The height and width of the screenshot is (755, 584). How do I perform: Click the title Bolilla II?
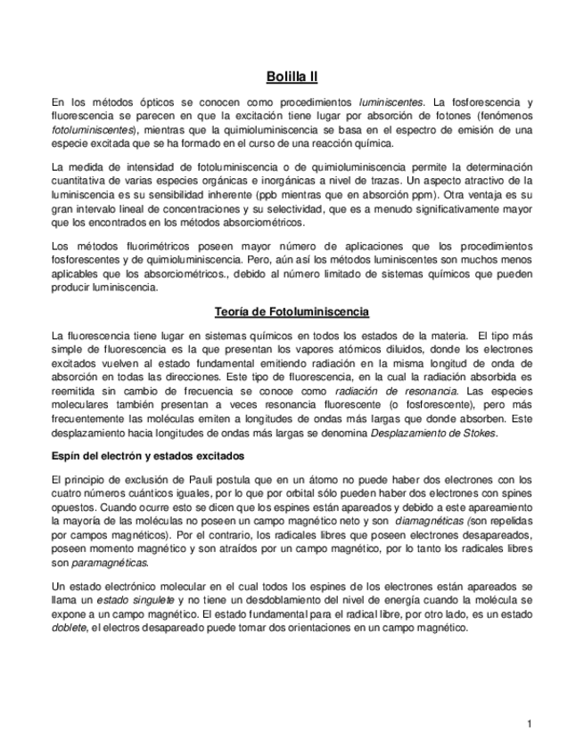pos(292,77)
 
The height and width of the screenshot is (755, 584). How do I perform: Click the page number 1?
pos(529,724)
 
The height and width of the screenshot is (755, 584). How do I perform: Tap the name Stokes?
pos(478,434)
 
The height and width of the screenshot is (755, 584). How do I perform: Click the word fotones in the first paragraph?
pos(435,116)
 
